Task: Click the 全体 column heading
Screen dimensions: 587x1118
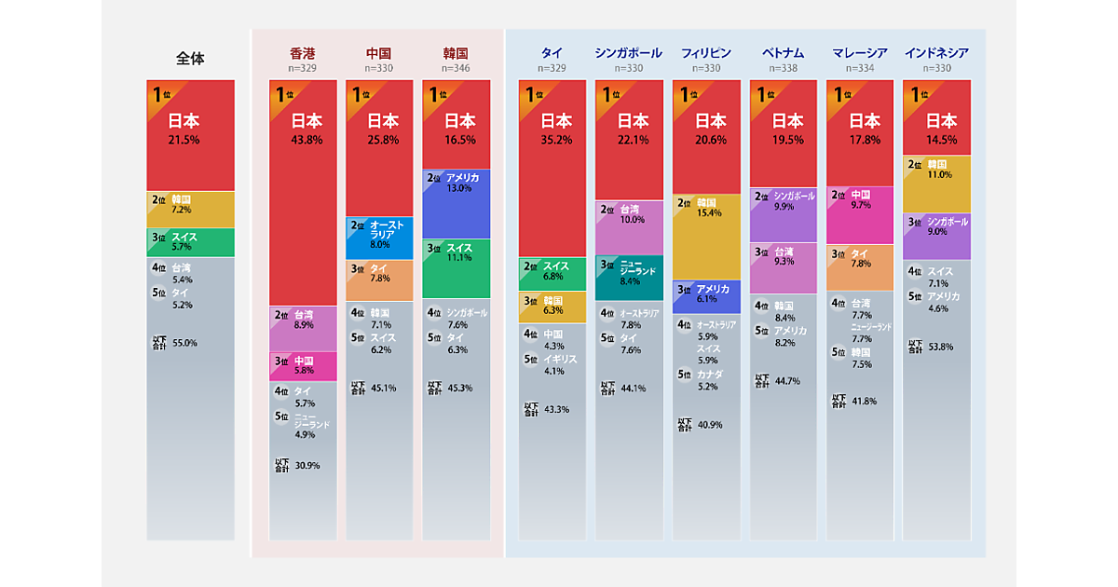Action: tap(190, 59)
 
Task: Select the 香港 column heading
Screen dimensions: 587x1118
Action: tap(303, 53)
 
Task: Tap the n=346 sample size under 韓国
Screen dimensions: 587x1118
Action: tap(456, 68)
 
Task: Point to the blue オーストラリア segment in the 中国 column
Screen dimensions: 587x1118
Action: tap(379, 238)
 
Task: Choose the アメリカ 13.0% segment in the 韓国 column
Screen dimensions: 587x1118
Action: tap(456, 204)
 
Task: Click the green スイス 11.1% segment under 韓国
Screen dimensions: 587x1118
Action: tap(456, 268)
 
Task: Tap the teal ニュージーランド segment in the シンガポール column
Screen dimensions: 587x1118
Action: tap(629, 278)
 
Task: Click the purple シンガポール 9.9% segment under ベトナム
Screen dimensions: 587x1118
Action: tap(784, 214)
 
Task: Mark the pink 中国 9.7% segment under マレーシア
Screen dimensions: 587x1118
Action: tap(860, 215)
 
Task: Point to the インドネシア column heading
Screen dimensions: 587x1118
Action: tap(936, 53)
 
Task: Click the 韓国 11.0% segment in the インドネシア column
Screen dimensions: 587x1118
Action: tap(936, 184)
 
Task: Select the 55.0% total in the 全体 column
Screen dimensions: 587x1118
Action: tap(184, 343)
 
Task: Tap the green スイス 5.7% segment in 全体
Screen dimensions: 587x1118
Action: tap(190, 242)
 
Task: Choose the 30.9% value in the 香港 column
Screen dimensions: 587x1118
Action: tap(307, 465)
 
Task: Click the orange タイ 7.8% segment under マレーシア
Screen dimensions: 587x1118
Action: tap(860, 267)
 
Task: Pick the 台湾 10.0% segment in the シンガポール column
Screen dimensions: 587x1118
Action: tap(629, 227)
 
